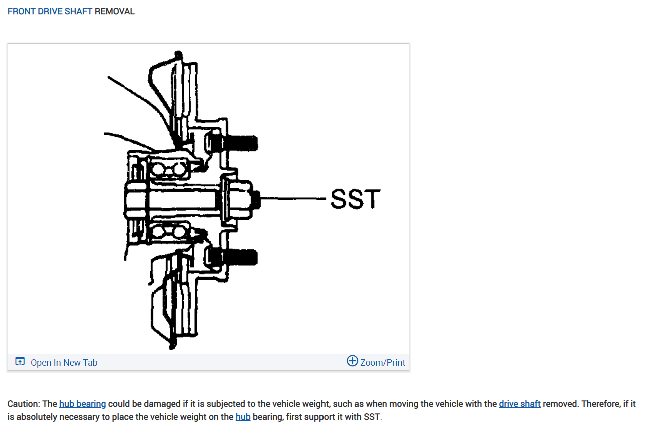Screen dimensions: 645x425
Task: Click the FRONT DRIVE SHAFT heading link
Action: coord(50,11)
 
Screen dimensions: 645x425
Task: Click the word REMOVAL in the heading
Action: coord(115,11)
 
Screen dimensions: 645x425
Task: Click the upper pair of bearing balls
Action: coord(169,170)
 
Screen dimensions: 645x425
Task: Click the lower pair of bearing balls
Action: coord(169,231)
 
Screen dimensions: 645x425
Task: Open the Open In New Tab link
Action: coord(64,362)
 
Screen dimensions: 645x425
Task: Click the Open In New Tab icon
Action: coord(20,362)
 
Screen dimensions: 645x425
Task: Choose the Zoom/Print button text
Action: coord(383,362)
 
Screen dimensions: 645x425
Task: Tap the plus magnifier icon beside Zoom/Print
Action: coord(352,361)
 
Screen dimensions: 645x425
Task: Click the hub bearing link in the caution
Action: coord(82,404)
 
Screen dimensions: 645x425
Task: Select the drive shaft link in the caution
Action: coord(519,404)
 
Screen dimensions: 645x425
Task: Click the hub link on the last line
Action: coord(243,417)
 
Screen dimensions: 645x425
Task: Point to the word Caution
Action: coord(24,404)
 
